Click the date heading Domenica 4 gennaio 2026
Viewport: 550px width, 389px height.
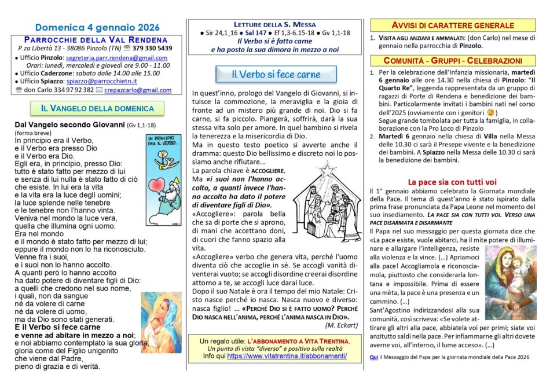click(x=97, y=27)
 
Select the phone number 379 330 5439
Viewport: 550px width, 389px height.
click(x=152, y=48)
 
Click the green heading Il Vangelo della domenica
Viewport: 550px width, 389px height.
click(x=97, y=108)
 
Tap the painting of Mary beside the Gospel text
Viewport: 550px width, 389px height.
click(x=161, y=322)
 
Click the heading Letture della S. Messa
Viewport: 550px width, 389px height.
click(x=275, y=24)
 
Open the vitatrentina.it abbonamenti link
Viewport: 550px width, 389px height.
click(x=287, y=356)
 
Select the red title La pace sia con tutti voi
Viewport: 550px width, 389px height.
click(x=444, y=181)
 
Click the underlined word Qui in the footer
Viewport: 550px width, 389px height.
click(x=373, y=357)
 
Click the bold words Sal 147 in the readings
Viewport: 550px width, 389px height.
click(x=268, y=34)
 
